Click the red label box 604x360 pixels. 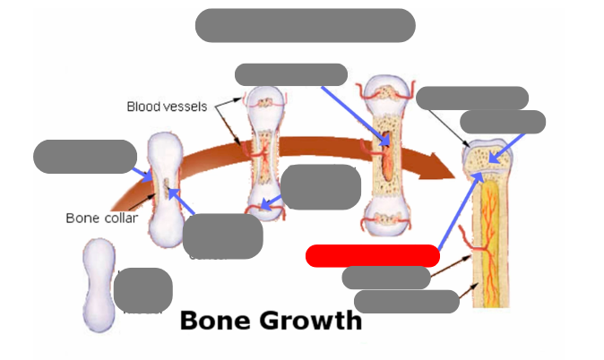point(372,255)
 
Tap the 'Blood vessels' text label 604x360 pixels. point(167,107)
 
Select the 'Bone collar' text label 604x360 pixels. point(101,218)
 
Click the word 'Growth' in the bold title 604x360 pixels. point(310,321)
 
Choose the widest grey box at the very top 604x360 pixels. point(305,25)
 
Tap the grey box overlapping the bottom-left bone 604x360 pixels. point(143,290)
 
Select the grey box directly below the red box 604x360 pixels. point(386,278)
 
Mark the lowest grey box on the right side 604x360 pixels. point(407,302)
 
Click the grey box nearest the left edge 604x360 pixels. point(84,156)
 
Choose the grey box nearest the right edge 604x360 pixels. point(502,122)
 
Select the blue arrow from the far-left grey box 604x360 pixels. point(141,171)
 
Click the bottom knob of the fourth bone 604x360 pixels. point(386,219)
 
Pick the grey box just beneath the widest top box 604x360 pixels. point(290,74)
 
